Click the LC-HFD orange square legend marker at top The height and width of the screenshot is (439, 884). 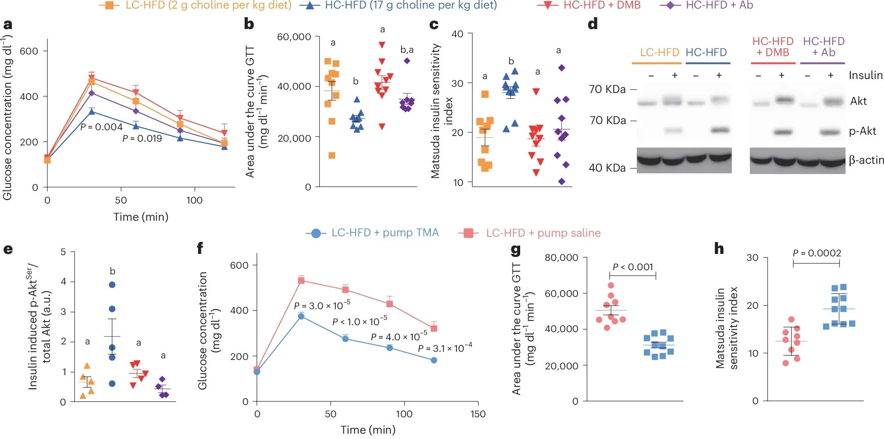[x=109, y=5]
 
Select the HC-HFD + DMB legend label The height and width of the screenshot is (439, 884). [x=602, y=5]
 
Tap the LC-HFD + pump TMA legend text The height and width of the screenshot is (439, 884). [x=385, y=233]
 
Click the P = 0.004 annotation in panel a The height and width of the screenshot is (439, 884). [x=101, y=127]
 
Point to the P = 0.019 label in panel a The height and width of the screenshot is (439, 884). [x=142, y=138]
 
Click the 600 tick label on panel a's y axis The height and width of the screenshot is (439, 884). [x=29, y=51]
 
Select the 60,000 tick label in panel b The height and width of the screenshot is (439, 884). [x=294, y=37]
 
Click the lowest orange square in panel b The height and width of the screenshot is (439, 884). [x=332, y=155]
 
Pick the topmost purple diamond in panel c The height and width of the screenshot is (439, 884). [x=562, y=68]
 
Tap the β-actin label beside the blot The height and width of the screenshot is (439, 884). [x=866, y=160]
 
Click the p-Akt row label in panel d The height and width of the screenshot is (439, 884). [x=862, y=131]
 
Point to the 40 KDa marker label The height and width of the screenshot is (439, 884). [x=607, y=168]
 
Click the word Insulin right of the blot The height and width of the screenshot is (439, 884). [x=865, y=75]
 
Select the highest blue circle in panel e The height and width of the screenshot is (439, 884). [x=112, y=285]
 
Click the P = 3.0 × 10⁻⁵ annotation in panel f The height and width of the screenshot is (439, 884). [x=322, y=305]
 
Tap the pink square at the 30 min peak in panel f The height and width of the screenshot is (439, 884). [x=301, y=281]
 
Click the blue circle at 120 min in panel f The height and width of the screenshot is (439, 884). [x=434, y=360]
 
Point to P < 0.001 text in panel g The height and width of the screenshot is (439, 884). [x=632, y=267]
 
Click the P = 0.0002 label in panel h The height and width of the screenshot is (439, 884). [x=816, y=253]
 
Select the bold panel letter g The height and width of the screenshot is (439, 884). [x=516, y=249]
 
